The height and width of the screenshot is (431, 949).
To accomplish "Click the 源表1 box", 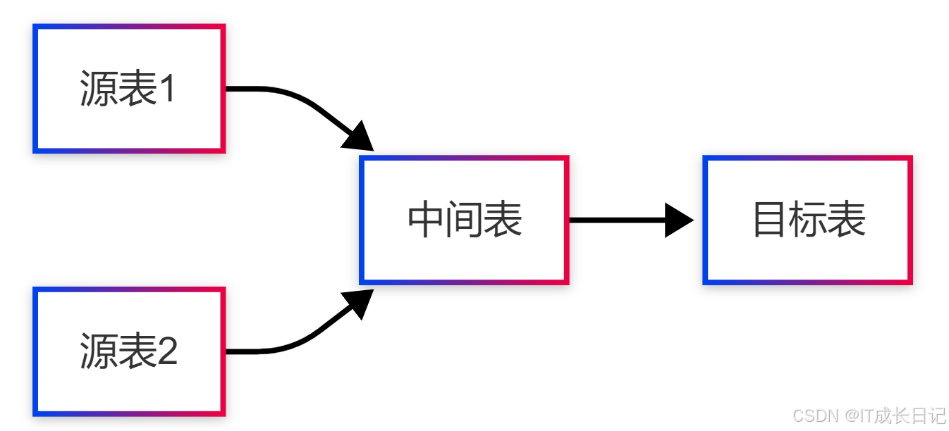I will (129, 89).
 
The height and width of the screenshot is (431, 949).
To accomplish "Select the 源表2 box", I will (129, 351).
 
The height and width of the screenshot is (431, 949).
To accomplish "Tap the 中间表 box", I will (464, 220).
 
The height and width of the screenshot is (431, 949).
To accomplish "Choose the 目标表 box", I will (807, 220).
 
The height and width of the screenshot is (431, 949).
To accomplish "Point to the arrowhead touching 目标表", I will (678, 220).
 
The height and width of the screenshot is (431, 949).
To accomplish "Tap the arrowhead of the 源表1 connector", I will (360, 137).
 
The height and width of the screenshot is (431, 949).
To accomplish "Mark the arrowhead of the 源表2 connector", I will (360, 304).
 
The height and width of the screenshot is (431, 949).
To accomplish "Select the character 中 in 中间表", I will (426, 220).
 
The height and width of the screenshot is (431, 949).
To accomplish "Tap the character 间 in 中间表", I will (464, 220).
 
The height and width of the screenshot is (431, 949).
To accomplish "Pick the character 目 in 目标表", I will (770, 220).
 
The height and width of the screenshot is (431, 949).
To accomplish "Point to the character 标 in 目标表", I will (808, 220).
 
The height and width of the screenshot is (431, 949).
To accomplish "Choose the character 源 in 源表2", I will (97, 351).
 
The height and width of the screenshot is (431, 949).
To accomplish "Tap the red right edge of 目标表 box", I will (910, 220).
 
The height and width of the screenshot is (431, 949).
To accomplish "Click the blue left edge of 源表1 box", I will (35, 89).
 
